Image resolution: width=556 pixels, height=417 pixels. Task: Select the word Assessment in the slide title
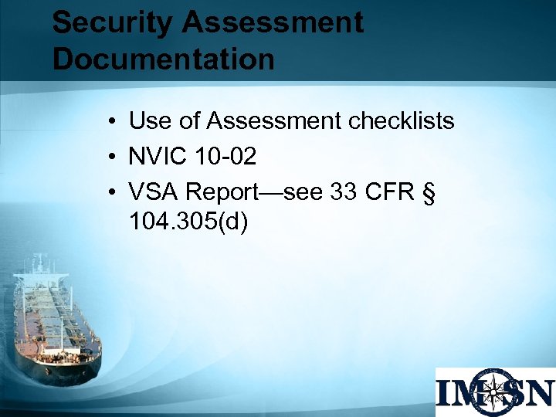[x=273, y=23]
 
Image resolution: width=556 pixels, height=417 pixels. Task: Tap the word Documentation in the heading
[x=163, y=59]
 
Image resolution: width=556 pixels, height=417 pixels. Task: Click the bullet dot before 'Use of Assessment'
[x=113, y=122]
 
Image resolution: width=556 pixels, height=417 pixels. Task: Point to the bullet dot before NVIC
[x=113, y=158]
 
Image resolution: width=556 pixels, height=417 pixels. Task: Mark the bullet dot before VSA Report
[x=113, y=193]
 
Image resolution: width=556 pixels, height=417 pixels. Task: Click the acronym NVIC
[x=158, y=157]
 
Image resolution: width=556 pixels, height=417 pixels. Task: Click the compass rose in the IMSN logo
[x=494, y=392]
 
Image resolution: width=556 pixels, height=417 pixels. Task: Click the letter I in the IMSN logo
[x=446, y=392]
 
